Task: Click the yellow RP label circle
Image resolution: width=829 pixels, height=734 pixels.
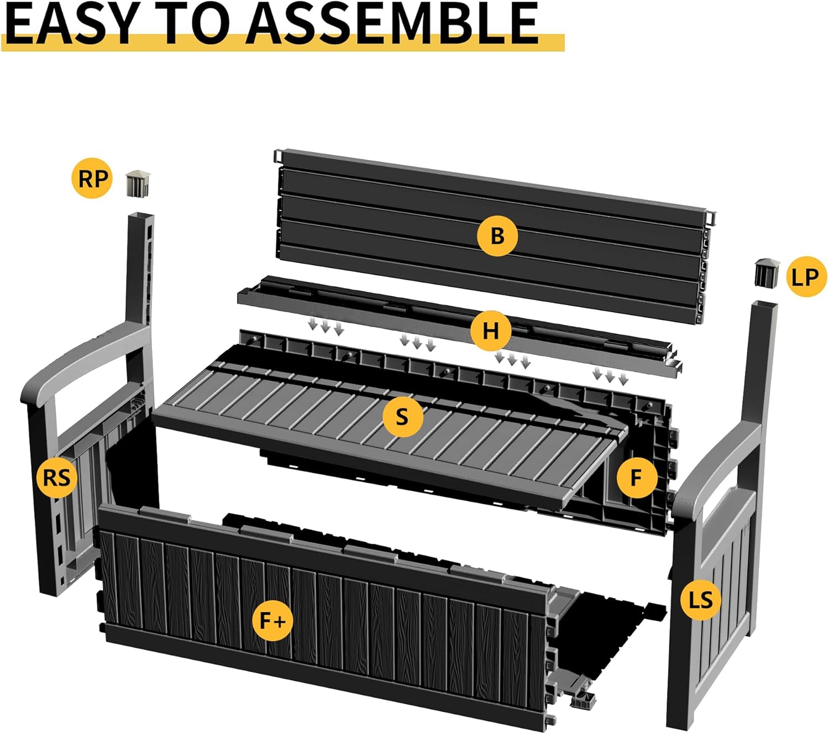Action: point(92,178)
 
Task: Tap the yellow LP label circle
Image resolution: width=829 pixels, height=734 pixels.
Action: point(806,276)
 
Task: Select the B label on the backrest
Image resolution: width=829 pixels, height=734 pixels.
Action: point(497,235)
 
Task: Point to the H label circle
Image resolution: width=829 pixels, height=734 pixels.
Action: point(491,330)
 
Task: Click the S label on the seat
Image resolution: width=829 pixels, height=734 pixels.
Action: point(403,417)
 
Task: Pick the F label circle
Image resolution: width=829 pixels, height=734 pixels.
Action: point(637,477)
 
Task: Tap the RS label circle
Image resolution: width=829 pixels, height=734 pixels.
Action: point(56,477)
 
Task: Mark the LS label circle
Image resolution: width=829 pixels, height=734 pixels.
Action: point(701,600)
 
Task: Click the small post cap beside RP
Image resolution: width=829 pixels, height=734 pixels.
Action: point(138,183)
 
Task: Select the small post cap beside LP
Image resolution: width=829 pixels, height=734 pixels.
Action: point(767,272)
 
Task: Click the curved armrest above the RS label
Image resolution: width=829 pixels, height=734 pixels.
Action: point(82,360)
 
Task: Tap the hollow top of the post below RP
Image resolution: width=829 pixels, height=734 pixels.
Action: point(141,215)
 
